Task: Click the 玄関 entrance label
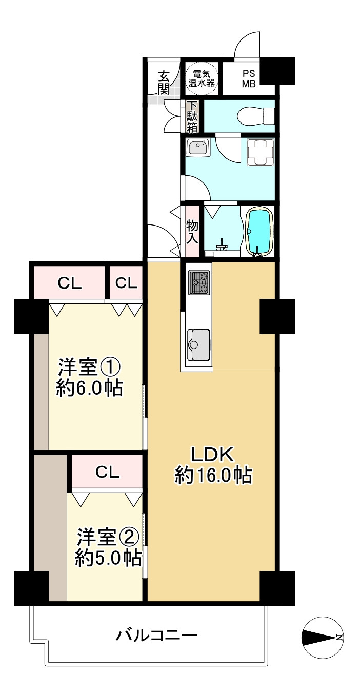click(x=164, y=83)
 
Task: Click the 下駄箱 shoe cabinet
click(x=192, y=116)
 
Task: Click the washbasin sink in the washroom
click(x=197, y=148)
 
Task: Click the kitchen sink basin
click(x=198, y=344)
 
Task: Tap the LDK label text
click(x=212, y=454)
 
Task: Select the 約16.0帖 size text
click(x=213, y=476)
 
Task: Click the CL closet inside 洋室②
click(x=107, y=472)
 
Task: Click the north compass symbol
click(x=322, y=637)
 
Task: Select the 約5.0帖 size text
click(x=108, y=558)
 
